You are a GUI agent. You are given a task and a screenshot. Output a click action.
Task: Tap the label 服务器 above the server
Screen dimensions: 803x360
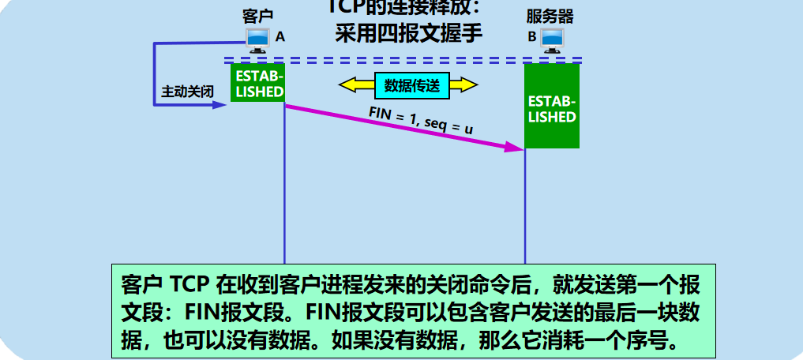550,16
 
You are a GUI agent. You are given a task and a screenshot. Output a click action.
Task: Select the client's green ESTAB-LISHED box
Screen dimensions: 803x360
257,83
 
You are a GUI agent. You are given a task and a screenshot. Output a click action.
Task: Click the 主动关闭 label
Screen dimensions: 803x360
188,92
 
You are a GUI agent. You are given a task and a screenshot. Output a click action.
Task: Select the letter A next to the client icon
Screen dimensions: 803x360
280,37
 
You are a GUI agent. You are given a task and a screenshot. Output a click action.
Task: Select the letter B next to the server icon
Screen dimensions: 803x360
531,37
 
